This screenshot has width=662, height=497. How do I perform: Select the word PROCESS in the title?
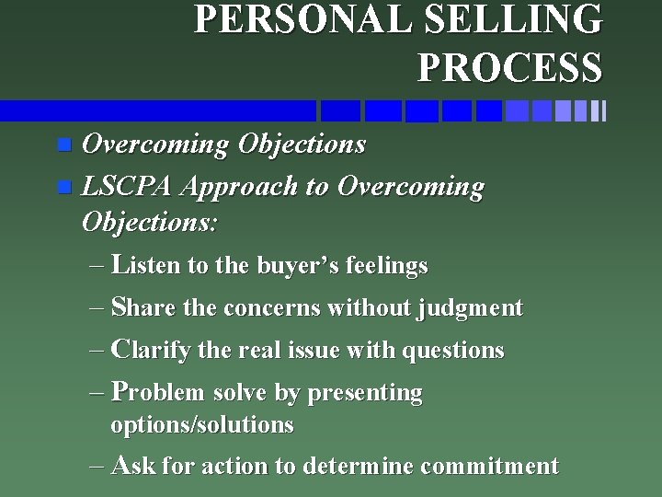click(x=509, y=66)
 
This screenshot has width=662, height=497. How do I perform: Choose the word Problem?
click(x=157, y=393)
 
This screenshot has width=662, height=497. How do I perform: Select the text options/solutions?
click(x=201, y=425)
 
